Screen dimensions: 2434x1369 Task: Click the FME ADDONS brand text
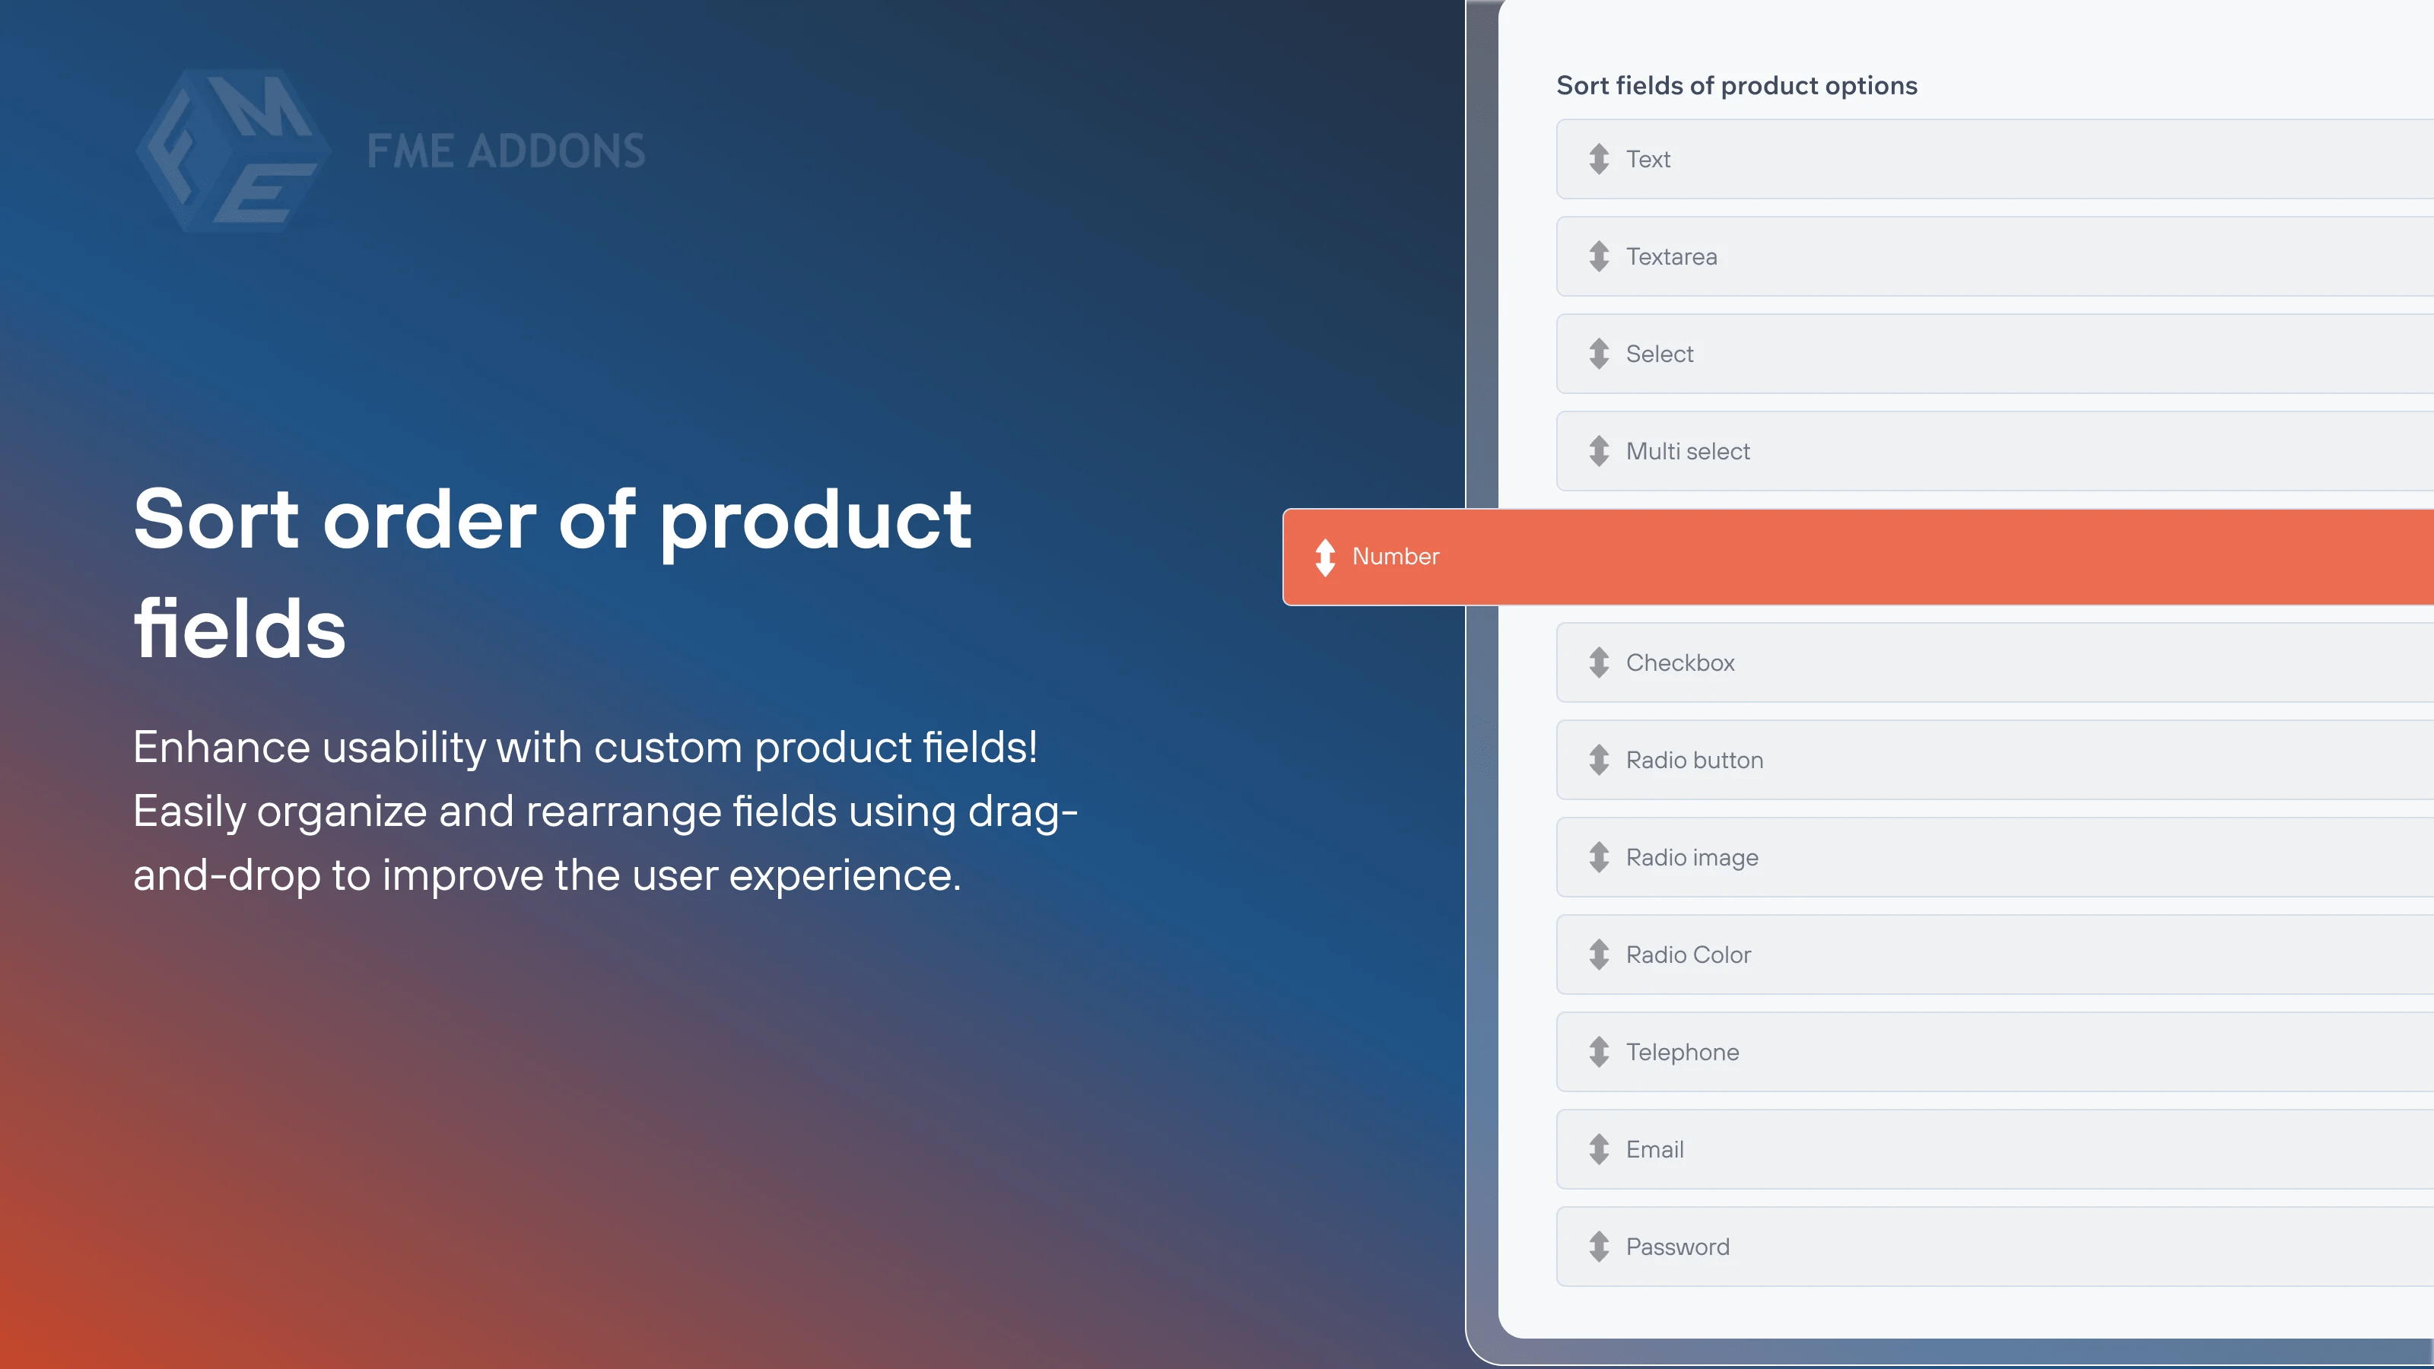(x=507, y=151)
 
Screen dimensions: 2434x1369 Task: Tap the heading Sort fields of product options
(x=1737, y=85)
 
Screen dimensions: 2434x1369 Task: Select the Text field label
(x=1648, y=159)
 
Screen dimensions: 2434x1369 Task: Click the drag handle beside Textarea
(x=1599, y=256)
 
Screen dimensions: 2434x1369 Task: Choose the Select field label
(x=1659, y=354)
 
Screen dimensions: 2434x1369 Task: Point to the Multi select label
(x=1688, y=451)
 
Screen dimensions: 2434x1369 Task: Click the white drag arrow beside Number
(x=1325, y=557)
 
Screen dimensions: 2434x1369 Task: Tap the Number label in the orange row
(x=1396, y=557)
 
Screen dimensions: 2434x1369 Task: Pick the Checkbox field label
(x=1680, y=662)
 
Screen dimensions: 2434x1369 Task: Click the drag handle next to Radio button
(x=1599, y=760)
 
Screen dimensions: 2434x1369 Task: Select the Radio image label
(x=1692, y=857)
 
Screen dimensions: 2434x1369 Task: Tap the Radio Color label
(x=1689, y=954)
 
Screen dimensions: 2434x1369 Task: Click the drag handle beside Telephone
(x=1599, y=1052)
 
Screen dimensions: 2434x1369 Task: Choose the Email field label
(x=1654, y=1149)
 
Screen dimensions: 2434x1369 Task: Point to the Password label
(x=1677, y=1247)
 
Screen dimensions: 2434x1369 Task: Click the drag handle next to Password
(x=1599, y=1247)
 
